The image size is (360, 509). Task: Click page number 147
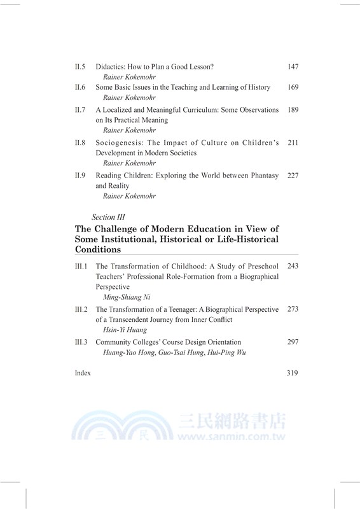tap(293, 66)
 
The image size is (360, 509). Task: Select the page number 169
tap(293, 87)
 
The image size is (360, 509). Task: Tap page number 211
tap(293, 143)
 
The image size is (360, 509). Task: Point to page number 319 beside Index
tap(293, 373)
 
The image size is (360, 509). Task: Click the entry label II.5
tap(80, 66)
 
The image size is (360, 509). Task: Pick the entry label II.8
tap(80, 143)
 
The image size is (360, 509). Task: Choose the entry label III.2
tap(81, 309)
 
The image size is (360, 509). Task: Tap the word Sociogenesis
tap(120, 143)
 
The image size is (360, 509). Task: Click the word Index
tap(83, 373)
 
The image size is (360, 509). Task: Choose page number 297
tap(293, 342)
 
